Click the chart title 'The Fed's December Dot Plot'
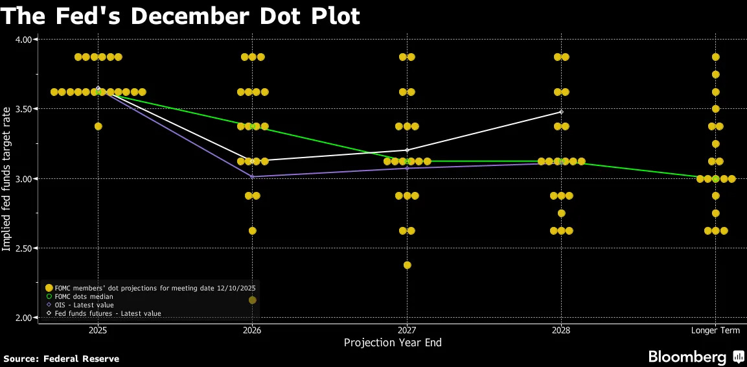pyautogui.click(x=180, y=16)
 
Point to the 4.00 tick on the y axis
pyautogui.click(x=23, y=40)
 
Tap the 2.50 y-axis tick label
pyautogui.click(x=23, y=248)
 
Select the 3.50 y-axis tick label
pyautogui.click(x=23, y=109)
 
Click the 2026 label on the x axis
pyautogui.click(x=252, y=330)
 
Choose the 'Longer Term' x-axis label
pyautogui.click(x=715, y=330)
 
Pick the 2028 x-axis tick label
pyautogui.click(x=561, y=330)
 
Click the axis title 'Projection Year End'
pyautogui.click(x=393, y=342)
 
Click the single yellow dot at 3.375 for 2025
pyautogui.click(x=98, y=126)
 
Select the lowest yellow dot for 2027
pyautogui.click(x=407, y=265)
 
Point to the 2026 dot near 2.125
pyautogui.click(x=252, y=300)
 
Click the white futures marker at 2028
pyautogui.click(x=561, y=112)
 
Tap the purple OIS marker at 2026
pyautogui.click(x=252, y=176)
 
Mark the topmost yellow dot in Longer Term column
pyautogui.click(x=715, y=57)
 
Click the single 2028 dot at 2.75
pyautogui.click(x=561, y=213)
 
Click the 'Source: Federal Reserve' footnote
pyautogui.click(x=62, y=359)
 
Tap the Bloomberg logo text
pyautogui.click(x=687, y=357)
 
